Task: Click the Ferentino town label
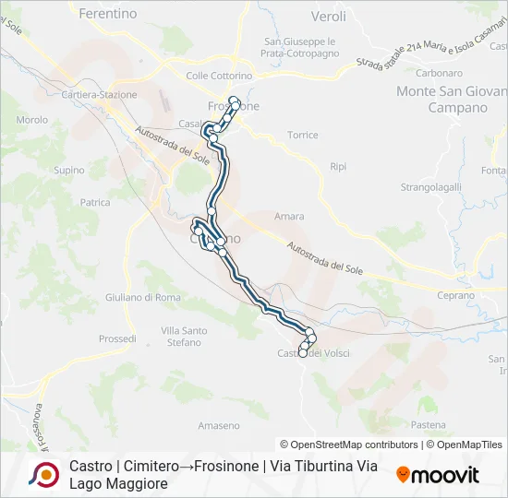click(x=108, y=14)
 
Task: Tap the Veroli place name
click(x=329, y=17)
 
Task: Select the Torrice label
click(x=302, y=135)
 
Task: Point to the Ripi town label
click(x=338, y=167)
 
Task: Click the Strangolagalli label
click(x=430, y=186)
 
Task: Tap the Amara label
click(x=289, y=217)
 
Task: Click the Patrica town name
click(x=95, y=202)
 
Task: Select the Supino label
click(x=69, y=171)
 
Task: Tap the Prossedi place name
click(x=117, y=339)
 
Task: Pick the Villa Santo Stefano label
click(x=183, y=337)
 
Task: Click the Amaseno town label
click(x=219, y=425)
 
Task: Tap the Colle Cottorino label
click(x=219, y=76)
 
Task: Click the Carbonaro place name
click(x=439, y=73)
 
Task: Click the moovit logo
click(x=438, y=475)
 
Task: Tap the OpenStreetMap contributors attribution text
click(x=349, y=445)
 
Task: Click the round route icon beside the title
click(x=42, y=474)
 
